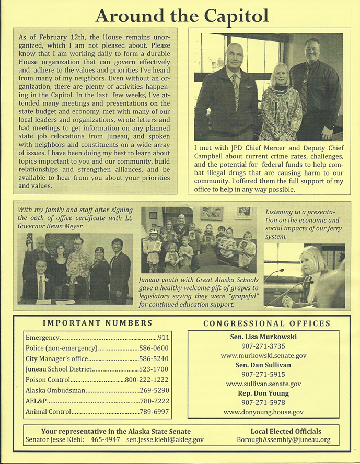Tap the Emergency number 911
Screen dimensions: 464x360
click(164, 338)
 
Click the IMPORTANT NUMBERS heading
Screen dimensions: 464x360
click(97, 323)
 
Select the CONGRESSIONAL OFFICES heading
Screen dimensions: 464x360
click(267, 323)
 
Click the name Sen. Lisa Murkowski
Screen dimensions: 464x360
click(263, 337)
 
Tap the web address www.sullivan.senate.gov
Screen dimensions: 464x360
click(263, 384)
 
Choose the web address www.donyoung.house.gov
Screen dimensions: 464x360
click(263, 412)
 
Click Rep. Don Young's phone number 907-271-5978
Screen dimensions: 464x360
click(263, 403)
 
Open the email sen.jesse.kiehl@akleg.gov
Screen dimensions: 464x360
click(165, 440)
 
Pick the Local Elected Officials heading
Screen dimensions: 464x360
click(286, 432)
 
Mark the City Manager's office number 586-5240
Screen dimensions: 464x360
click(157, 359)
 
